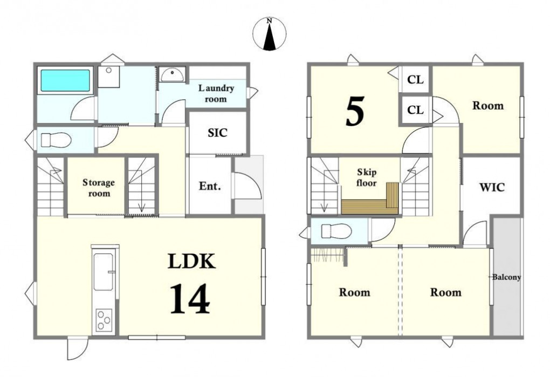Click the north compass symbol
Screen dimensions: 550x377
coord(269,34)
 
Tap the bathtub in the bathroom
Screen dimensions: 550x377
coord(65,81)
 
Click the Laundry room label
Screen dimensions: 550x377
coord(216,93)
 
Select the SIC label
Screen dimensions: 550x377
coord(217,133)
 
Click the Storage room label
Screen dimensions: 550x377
coord(99,188)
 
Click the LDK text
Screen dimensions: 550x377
coord(191,261)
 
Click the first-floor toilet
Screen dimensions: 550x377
coord(56,140)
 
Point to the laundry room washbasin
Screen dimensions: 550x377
coord(172,74)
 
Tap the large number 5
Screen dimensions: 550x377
coord(355,111)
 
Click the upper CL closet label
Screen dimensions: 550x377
coord(415,80)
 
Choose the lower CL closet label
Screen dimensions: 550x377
coord(415,110)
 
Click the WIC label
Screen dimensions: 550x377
coord(492,187)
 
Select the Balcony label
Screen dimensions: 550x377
coord(506,277)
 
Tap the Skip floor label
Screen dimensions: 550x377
coord(367,177)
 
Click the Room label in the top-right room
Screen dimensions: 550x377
coord(488,106)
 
